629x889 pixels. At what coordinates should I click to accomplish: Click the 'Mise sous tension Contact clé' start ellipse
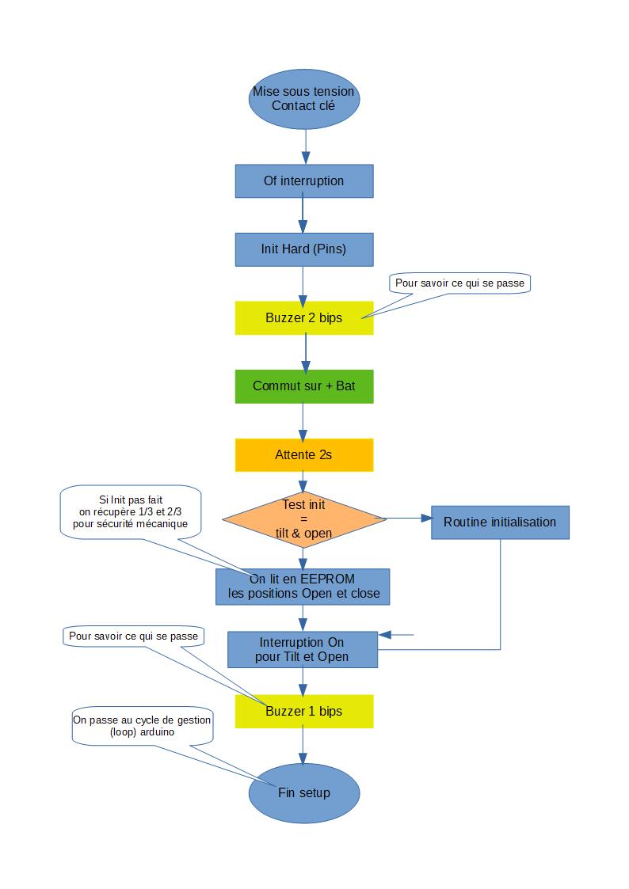click(x=304, y=100)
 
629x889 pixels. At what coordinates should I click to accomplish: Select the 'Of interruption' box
click(x=304, y=181)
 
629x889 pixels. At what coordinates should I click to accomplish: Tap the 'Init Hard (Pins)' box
click(x=304, y=249)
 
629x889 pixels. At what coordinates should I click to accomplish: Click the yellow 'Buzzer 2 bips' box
click(x=304, y=318)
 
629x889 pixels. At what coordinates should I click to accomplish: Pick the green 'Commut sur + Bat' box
click(x=304, y=386)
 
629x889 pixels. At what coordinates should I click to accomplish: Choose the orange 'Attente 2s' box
click(x=304, y=454)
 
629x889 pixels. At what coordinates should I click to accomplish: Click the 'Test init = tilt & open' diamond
click(x=304, y=519)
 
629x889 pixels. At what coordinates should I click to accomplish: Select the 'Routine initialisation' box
click(x=500, y=522)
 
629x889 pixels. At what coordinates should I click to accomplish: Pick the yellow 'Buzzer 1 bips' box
click(x=304, y=711)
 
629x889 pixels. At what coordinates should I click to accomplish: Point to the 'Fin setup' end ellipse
click(x=304, y=792)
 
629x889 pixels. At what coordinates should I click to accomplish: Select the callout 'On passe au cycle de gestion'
click(x=143, y=726)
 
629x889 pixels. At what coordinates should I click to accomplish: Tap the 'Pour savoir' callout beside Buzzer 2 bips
click(x=459, y=283)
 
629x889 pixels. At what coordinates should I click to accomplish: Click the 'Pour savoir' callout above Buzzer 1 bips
click(x=132, y=636)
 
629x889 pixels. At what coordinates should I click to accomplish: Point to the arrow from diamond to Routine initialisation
click(x=408, y=519)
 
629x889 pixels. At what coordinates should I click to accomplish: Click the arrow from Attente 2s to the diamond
click(x=303, y=481)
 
